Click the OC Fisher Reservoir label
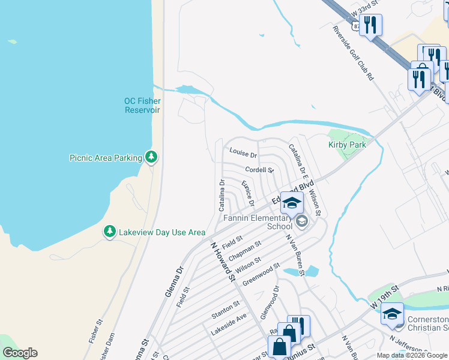pos(142,105)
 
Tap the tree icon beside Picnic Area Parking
pos(152,157)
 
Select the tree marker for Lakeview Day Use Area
pos(109,232)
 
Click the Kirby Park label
pos(347,145)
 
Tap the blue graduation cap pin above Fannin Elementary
pos(292,204)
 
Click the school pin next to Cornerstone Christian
pos(392,314)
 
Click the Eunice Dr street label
pos(248,194)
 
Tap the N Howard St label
pos(221,261)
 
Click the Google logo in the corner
pos(20,353)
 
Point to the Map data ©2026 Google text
pos(412,355)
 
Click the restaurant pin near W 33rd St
pos(370,25)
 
